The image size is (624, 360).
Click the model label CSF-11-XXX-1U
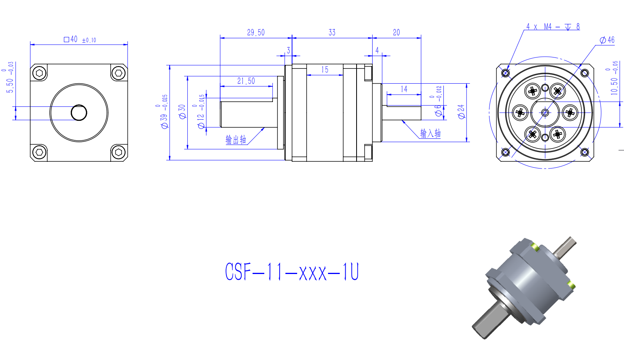point(292,272)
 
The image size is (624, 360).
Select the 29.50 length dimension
point(256,32)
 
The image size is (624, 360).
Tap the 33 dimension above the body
point(332,32)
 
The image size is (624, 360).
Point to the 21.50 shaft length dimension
point(246,81)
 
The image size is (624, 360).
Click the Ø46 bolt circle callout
point(607,40)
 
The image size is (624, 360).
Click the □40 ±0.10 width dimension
point(80,39)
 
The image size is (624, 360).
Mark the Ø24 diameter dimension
point(461,111)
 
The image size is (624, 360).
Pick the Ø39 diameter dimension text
point(164,113)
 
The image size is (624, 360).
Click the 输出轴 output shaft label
point(236,140)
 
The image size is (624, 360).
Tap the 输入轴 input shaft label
point(430,133)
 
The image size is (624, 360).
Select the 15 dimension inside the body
point(325,70)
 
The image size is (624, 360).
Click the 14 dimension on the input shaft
point(404,89)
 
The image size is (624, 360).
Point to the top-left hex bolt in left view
point(39,73)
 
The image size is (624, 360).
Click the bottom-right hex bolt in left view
point(118,152)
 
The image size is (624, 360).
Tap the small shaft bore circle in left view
point(79,113)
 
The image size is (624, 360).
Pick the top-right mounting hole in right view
point(585,73)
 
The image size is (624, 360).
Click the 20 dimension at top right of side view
point(396,32)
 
